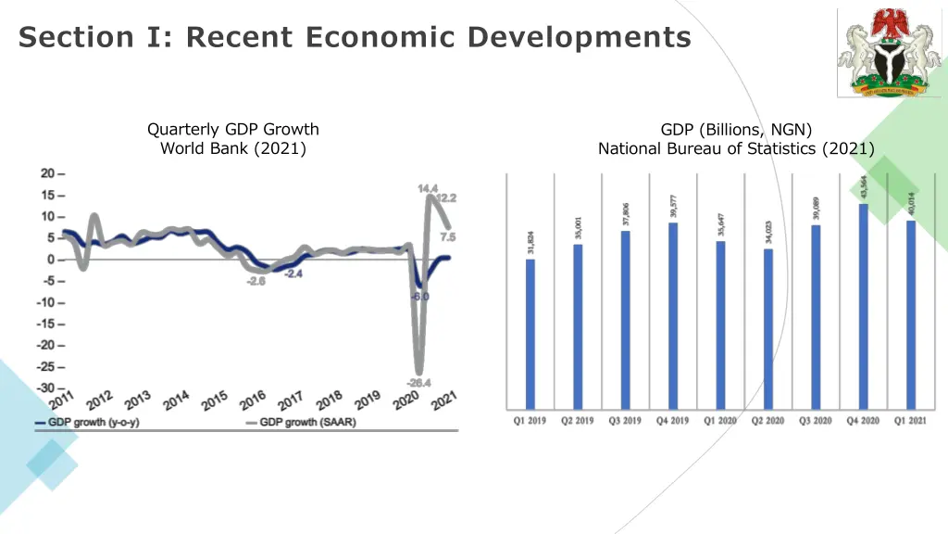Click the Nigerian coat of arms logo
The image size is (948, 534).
(889, 53)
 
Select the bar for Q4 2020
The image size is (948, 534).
(863, 306)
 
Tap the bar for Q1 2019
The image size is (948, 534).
(530, 334)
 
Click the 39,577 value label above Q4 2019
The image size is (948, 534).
(673, 206)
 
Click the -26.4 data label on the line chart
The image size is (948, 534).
(418, 382)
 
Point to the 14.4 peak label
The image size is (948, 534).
(428, 188)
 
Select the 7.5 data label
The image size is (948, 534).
(447, 236)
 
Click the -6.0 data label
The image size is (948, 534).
(420, 296)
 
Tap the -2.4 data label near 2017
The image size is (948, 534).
(293, 274)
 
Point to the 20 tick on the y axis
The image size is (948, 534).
(47, 173)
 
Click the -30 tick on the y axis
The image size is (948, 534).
(47, 388)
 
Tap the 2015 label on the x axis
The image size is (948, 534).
(215, 400)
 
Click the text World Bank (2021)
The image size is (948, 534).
(233, 148)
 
